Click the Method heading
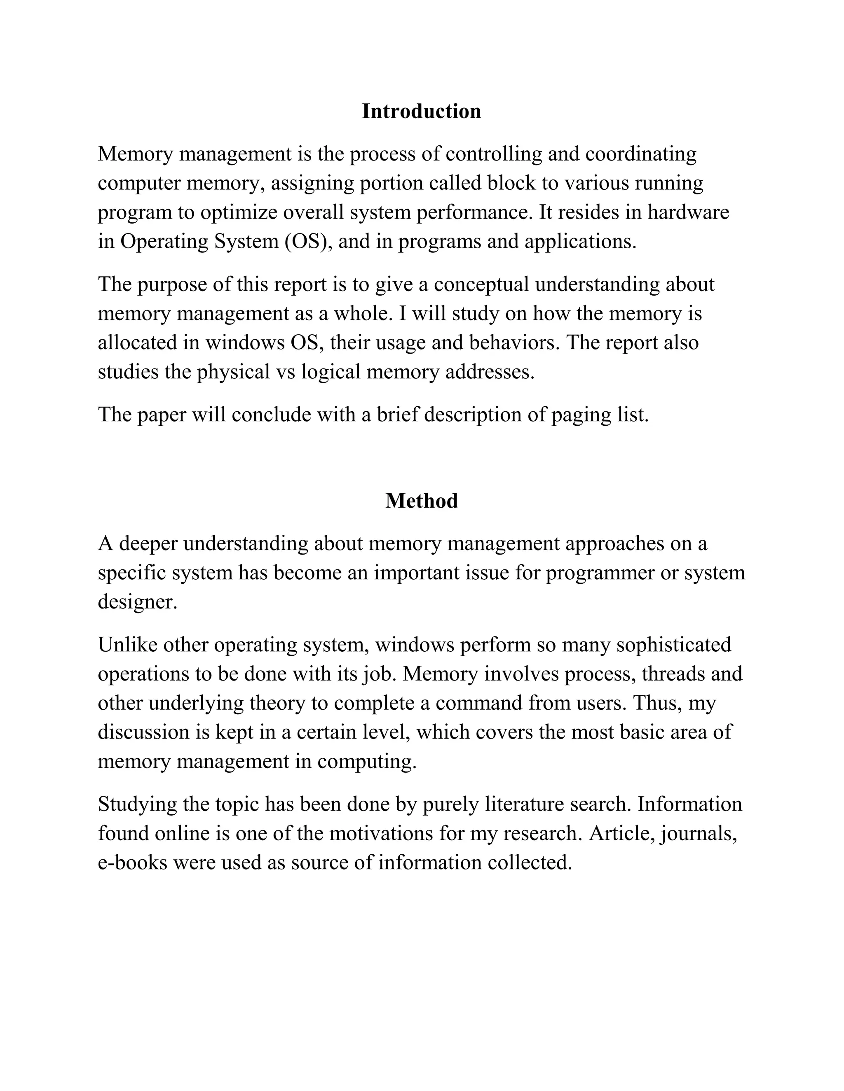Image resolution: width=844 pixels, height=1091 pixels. pos(421,501)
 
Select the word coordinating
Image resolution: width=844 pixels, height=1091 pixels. pos(640,154)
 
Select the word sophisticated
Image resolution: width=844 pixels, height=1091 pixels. pos(673,644)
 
